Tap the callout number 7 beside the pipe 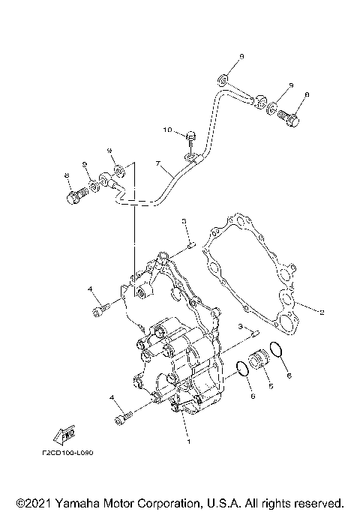coord(157,163)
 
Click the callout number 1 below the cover coord(189,442)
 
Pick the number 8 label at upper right coord(307,95)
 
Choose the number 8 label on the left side coord(67,175)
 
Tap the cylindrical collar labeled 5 coord(259,360)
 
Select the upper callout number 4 coord(89,289)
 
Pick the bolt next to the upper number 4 coord(101,307)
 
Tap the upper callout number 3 coord(182,220)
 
